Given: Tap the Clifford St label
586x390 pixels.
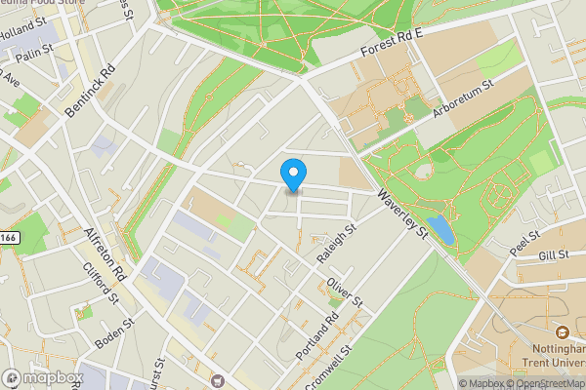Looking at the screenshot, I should [x=101, y=282].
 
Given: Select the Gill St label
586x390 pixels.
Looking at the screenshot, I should [x=553, y=255].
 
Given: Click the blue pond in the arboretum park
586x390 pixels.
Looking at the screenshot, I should [x=439, y=230].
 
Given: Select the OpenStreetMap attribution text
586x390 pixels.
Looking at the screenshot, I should [x=544, y=383].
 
